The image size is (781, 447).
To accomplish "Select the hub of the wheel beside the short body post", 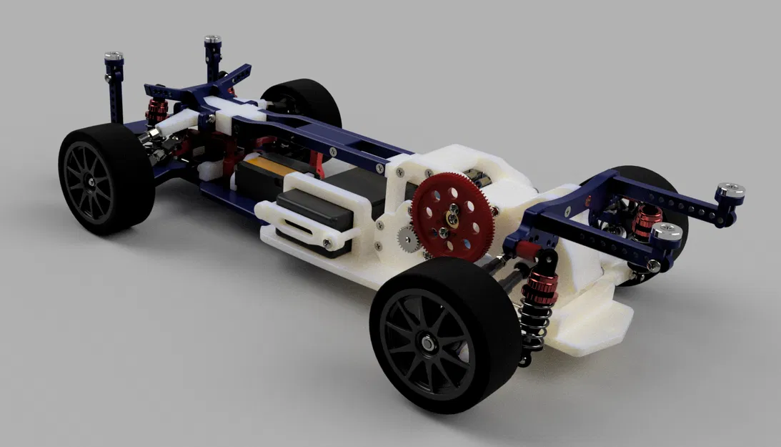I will pos(94,183).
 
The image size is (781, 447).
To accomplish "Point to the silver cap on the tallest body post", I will pos(212,41).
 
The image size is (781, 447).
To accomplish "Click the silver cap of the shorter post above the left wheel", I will pos(114,57).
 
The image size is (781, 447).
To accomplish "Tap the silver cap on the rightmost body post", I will pos(730,190).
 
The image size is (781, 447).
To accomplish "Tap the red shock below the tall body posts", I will pos(156,109).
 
